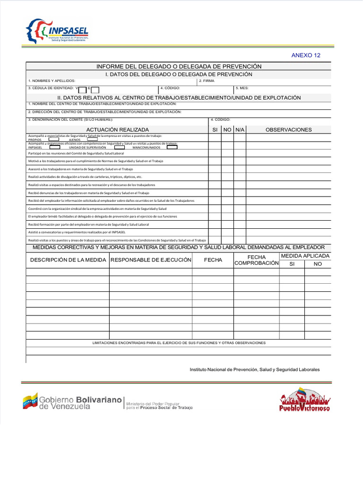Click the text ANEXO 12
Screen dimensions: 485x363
coord(306,55)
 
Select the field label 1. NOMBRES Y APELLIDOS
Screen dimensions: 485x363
coord(52,81)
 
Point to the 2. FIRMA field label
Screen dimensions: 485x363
coord(207,81)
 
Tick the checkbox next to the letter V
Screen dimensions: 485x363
coord(82,90)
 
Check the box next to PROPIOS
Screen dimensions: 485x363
coord(54,140)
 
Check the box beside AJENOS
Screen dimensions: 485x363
coord(93,140)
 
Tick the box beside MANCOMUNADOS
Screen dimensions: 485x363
coord(172,147)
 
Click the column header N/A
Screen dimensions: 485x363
coord(240,130)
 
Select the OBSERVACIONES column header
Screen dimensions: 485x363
coord(289,130)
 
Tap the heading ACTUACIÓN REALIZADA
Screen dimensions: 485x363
coord(118,130)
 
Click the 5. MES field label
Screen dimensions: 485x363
coord(242,88)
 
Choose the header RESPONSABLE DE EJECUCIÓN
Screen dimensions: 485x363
coord(151,260)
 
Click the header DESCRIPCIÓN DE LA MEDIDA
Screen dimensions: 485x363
coord(68,260)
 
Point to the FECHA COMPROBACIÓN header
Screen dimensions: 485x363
coord(257,260)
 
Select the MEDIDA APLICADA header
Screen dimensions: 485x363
coord(305,256)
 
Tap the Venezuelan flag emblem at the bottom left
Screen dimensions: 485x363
coord(30,401)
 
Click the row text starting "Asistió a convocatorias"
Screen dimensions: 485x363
coord(76,232)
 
